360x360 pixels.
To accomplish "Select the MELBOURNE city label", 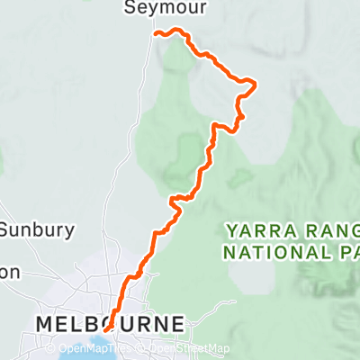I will click(x=110, y=322).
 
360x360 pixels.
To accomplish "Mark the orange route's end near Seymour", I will click(x=157, y=33).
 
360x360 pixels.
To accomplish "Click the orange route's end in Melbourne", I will click(x=106, y=329).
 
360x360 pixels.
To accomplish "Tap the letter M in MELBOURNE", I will click(x=43, y=322).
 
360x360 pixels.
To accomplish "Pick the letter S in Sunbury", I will click(x=4, y=229).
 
